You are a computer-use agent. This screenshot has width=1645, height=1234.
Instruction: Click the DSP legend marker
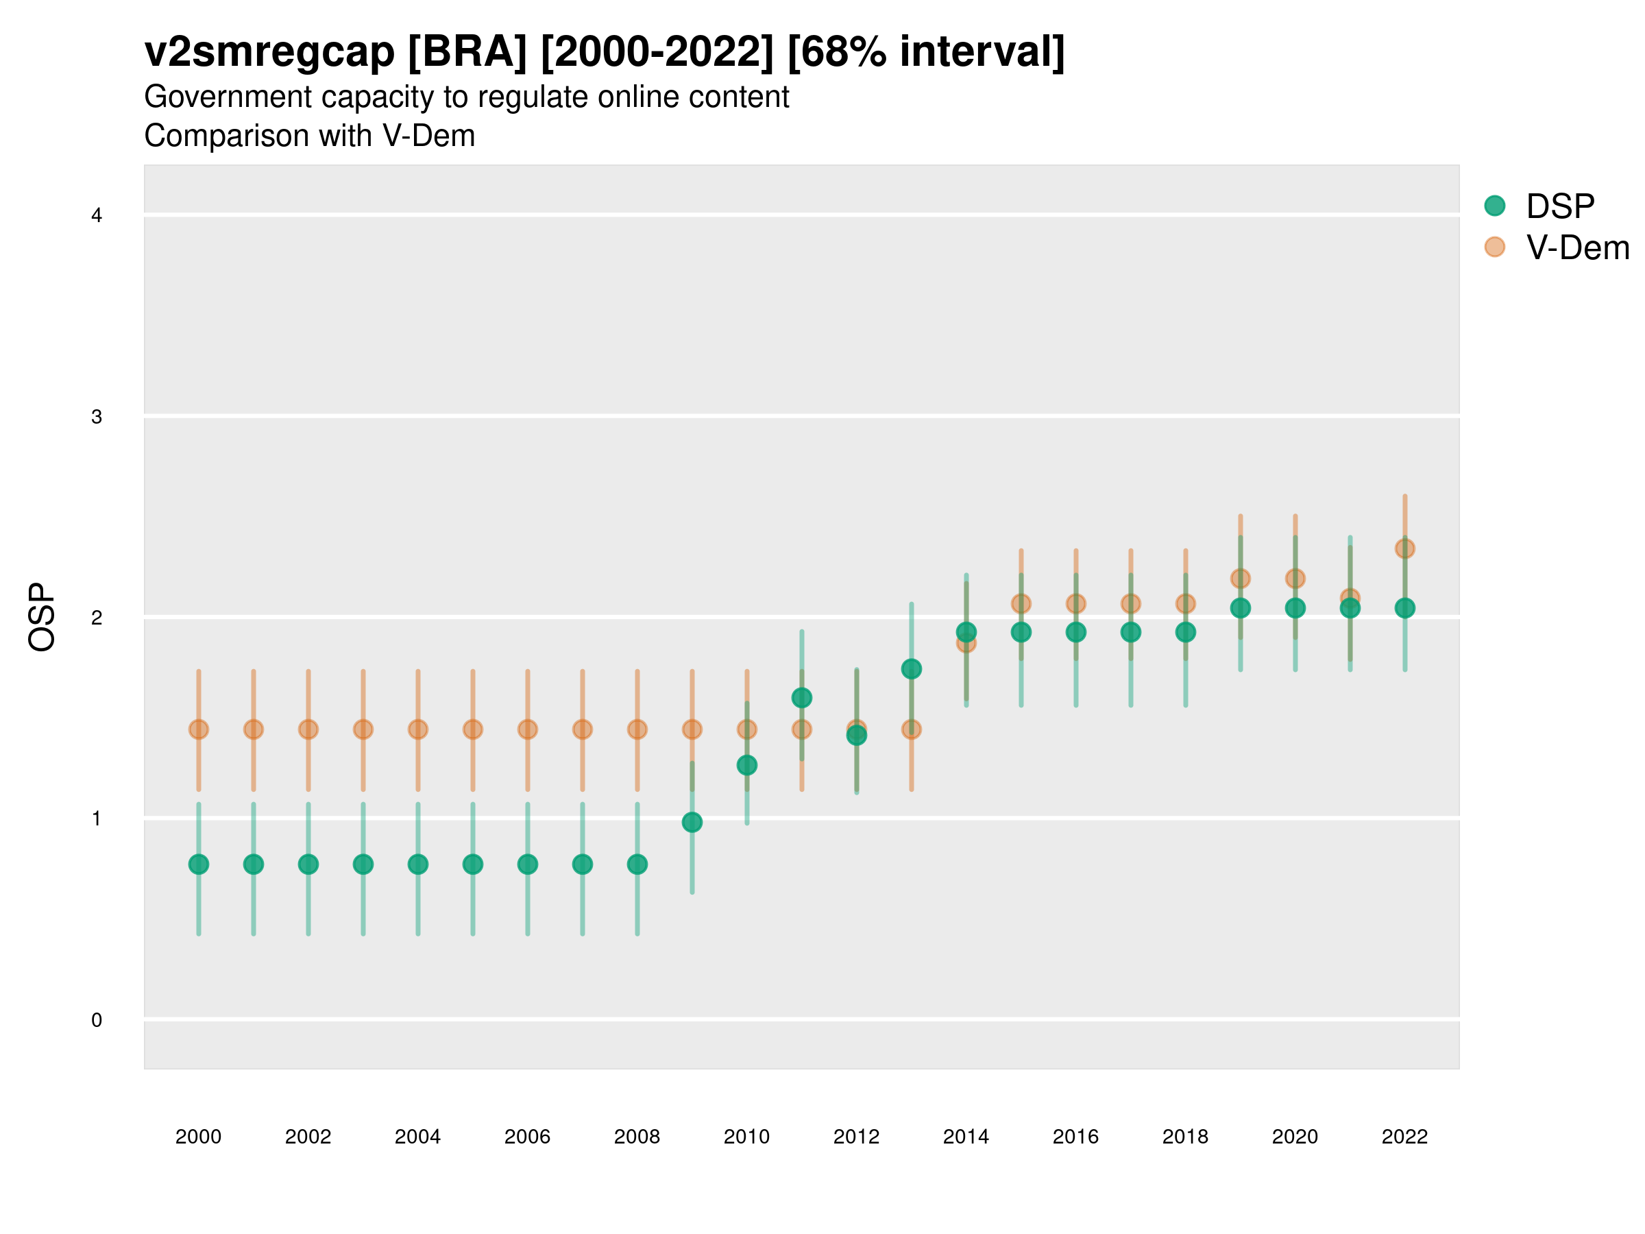tap(1494, 205)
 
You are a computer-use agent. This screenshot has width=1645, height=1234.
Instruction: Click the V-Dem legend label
tap(1576, 247)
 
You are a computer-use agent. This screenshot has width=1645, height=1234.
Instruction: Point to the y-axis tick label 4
tap(97, 216)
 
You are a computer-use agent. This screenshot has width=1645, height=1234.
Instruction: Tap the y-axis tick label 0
tap(97, 1020)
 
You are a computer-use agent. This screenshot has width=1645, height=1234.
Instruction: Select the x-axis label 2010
tap(746, 1137)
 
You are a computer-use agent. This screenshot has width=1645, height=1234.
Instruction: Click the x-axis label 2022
tap(1404, 1137)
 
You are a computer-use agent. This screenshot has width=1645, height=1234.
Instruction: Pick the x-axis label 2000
tap(199, 1137)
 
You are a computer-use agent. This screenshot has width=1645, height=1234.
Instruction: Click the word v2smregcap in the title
tap(269, 52)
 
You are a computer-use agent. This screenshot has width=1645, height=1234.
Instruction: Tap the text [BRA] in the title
tap(467, 52)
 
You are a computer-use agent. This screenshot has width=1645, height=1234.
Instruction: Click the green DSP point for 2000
tap(199, 864)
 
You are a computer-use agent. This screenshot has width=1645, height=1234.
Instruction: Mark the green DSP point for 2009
tap(692, 822)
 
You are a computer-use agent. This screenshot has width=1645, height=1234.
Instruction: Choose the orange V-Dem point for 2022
tap(1404, 549)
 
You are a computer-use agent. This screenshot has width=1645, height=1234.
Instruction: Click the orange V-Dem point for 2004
tap(418, 729)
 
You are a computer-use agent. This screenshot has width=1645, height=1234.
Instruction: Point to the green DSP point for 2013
tap(911, 668)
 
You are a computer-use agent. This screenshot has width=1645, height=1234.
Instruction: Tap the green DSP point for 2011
tap(802, 698)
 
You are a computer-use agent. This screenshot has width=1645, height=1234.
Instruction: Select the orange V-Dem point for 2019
tap(1240, 578)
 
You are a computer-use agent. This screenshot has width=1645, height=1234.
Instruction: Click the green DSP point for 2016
tap(1075, 632)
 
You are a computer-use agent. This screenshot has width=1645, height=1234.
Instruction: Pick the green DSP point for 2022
tap(1404, 607)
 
